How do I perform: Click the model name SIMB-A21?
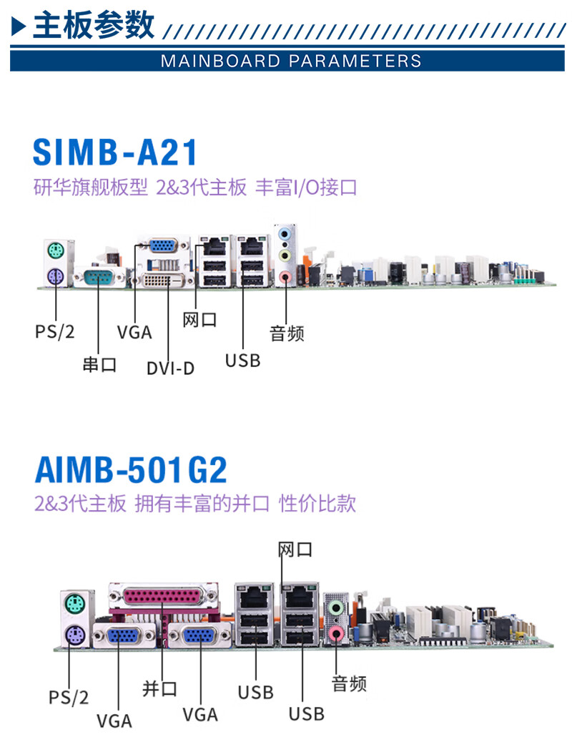click(x=115, y=152)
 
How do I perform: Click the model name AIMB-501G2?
click(x=131, y=469)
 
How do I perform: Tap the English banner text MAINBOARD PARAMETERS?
click(x=291, y=60)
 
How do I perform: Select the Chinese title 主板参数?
click(x=94, y=26)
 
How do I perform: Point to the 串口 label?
click(x=99, y=365)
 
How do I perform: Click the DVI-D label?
click(x=170, y=368)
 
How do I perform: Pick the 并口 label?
click(x=159, y=688)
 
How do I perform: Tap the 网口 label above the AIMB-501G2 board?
click(x=295, y=550)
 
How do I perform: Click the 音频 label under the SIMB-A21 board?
click(x=287, y=333)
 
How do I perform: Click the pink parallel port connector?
click(x=162, y=595)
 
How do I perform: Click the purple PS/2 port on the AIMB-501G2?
click(x=71, y=634)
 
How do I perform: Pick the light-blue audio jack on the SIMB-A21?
click(x=285, y=233)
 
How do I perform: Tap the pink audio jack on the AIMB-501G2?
click(x=335, y=632)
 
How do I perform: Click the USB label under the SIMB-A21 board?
click(x=242, y=360)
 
